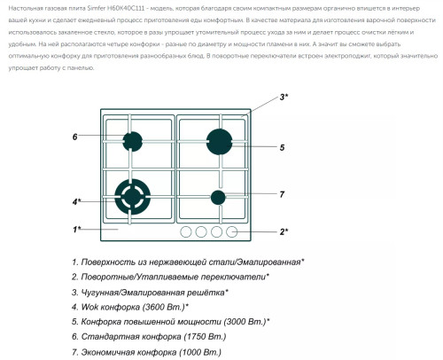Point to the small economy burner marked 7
click(x=218, y=197)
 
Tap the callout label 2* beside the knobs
click(x=284, y=231)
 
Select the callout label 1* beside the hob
click(x=77, y=230)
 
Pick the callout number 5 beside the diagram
click(x=282, y=147)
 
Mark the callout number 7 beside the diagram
click(x=282, y=193)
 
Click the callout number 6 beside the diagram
click(x=75, y=137)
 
